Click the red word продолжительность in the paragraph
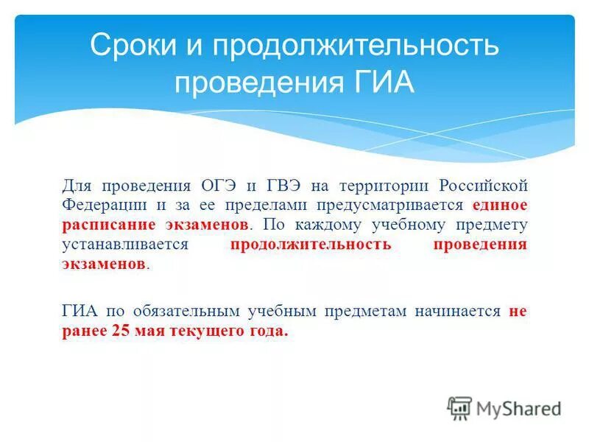pos(309,245)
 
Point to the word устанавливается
pos(126,245)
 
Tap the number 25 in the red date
pos(121,331)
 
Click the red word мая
pos(151,331)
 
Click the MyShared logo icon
pos(459,407)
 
